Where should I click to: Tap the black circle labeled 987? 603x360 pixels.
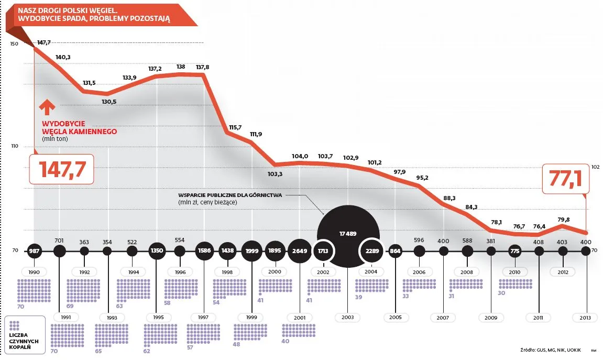[35, 251]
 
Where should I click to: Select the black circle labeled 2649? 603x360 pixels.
[300, 251]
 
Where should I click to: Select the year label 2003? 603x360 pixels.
[348, 317]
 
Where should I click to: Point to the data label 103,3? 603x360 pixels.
[275, 174]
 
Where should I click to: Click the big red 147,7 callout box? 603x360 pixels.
[61, 169]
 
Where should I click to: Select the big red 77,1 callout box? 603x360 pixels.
[565, 179]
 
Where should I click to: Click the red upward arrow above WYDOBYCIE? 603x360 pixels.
[47, 107]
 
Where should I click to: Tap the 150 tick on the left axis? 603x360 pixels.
[14, 44]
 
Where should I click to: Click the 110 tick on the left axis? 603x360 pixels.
[14, 146]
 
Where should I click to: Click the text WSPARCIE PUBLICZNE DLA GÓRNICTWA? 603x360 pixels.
[230, 195]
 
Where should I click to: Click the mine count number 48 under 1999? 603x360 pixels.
[236, 344]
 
